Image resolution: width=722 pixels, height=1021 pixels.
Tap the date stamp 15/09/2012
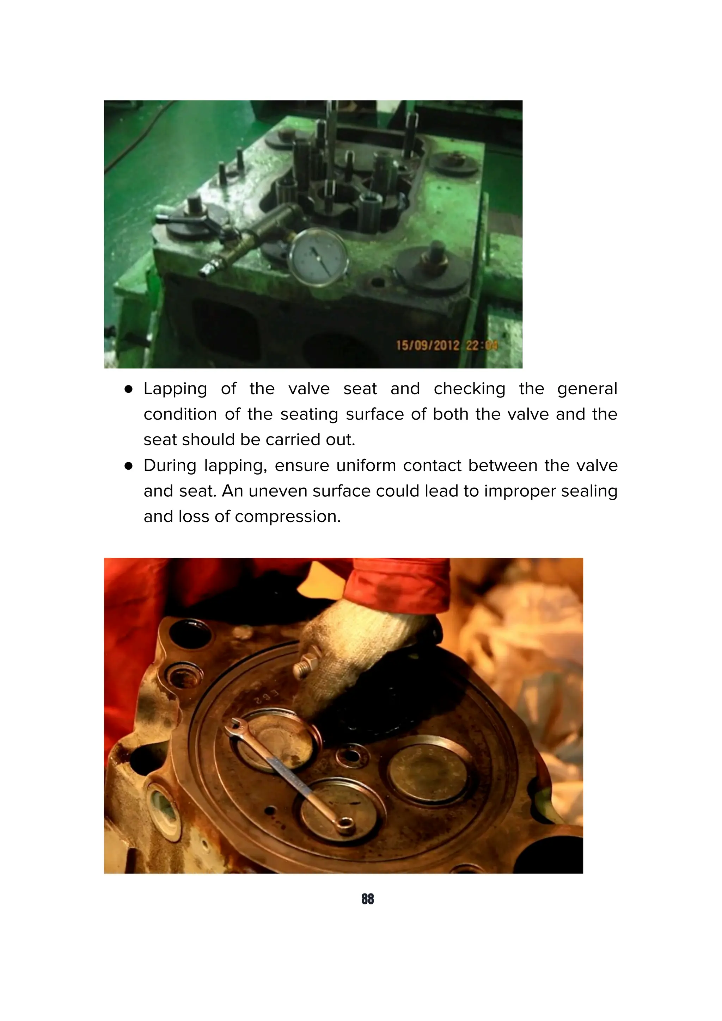tap(427, 346)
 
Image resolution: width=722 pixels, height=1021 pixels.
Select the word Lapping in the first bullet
tap(175, 389)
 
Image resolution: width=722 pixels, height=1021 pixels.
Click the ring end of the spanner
tap(345, 827)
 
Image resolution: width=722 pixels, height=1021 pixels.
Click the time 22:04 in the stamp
tap(481, 346)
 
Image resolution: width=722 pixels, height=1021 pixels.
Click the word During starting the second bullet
tap(170, 466)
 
